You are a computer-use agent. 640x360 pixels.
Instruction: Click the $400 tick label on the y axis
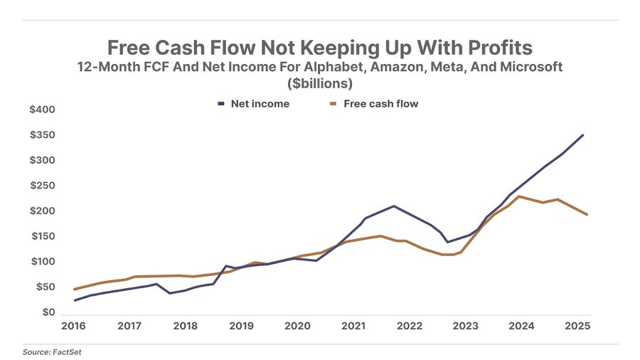click(x=42, y=110)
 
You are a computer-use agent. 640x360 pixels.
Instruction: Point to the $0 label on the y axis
click(x=48, y=312)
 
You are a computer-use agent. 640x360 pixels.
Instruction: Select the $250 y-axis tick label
click(x=42, y=186)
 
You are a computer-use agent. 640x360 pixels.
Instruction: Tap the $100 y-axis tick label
click(x=42, y=262)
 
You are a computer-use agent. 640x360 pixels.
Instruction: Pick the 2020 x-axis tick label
click(x=297, y=326)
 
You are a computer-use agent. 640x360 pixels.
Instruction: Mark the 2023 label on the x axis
click(x=466, y=326)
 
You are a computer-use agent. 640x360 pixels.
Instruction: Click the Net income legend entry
click(x=260, y=104)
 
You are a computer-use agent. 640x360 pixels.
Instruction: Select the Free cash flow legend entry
click(x=380, y=104)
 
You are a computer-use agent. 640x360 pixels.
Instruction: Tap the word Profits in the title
click(x=495, y=48)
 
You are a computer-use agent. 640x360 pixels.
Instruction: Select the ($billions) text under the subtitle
click(x=320, y=84)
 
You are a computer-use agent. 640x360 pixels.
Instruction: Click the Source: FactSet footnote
click(x=47, y=352)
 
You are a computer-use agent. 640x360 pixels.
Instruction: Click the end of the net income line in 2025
click(x=583, y=135)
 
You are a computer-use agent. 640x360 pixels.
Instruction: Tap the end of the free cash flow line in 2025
click(x=587, y=215)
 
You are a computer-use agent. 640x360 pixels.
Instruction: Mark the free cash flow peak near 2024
click(x=520, y=196)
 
